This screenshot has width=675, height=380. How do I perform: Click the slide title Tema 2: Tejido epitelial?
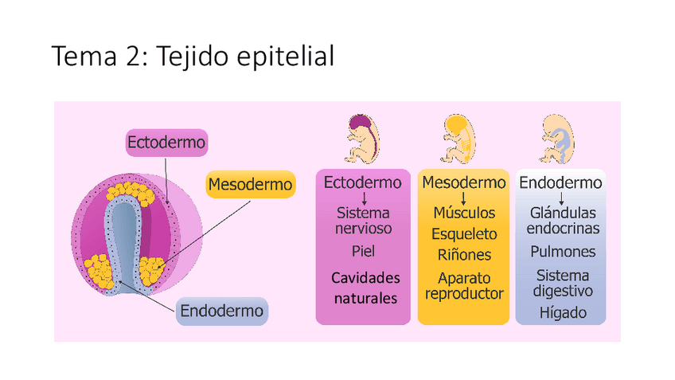coord(193,58)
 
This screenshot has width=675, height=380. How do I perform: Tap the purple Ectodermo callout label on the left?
coord(166,143)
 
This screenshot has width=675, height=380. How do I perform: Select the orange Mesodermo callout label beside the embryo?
coord(250,186)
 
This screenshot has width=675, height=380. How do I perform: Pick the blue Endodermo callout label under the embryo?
coord(221,311)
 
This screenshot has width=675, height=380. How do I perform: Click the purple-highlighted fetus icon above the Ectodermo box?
coord(362,139)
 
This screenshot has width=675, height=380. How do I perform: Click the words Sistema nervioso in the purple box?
coord(363,221)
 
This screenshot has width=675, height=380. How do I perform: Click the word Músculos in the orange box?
coord(464,214)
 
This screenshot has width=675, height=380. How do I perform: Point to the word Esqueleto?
coord(464,234)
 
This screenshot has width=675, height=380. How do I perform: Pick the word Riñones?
coord(464,255)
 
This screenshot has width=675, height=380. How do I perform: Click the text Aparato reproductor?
coord(464,286)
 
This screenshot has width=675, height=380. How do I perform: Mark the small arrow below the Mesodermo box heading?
coord(463,198)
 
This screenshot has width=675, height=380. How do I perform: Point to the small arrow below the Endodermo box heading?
coord(561,198)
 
